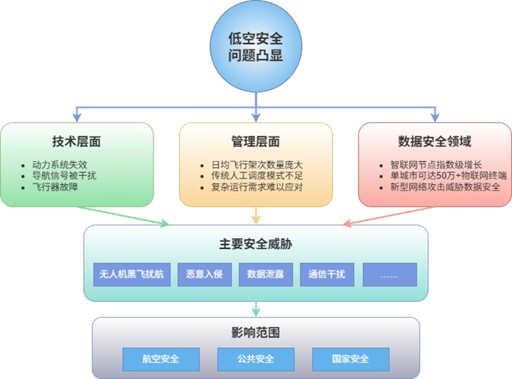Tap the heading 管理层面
pyautogui.click(x=255, y=141)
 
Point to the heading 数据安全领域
pyautogui.click(x=434, y=141)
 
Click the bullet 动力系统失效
pyautogui.click(x=62, y=164)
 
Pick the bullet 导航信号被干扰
pyautogui.click(x=67, y=176)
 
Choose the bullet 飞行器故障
pyautogui.click(x=58, y=188)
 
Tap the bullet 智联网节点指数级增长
pyautogui.click(x=436, y=164)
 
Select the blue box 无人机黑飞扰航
pyautogui.click(x=131, y=274)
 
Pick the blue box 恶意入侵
pyautogui.click(x=204, y=274)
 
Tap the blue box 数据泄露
pyautogui.click(x=265, y=274)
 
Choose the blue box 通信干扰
pyautogui.click(x=327, y=274)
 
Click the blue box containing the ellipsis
pyautogui.click(x=389, y=274)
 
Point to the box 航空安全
pyautogui.click(x=161, y=359)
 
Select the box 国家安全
pyautogui.click(x=350, y=359)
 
